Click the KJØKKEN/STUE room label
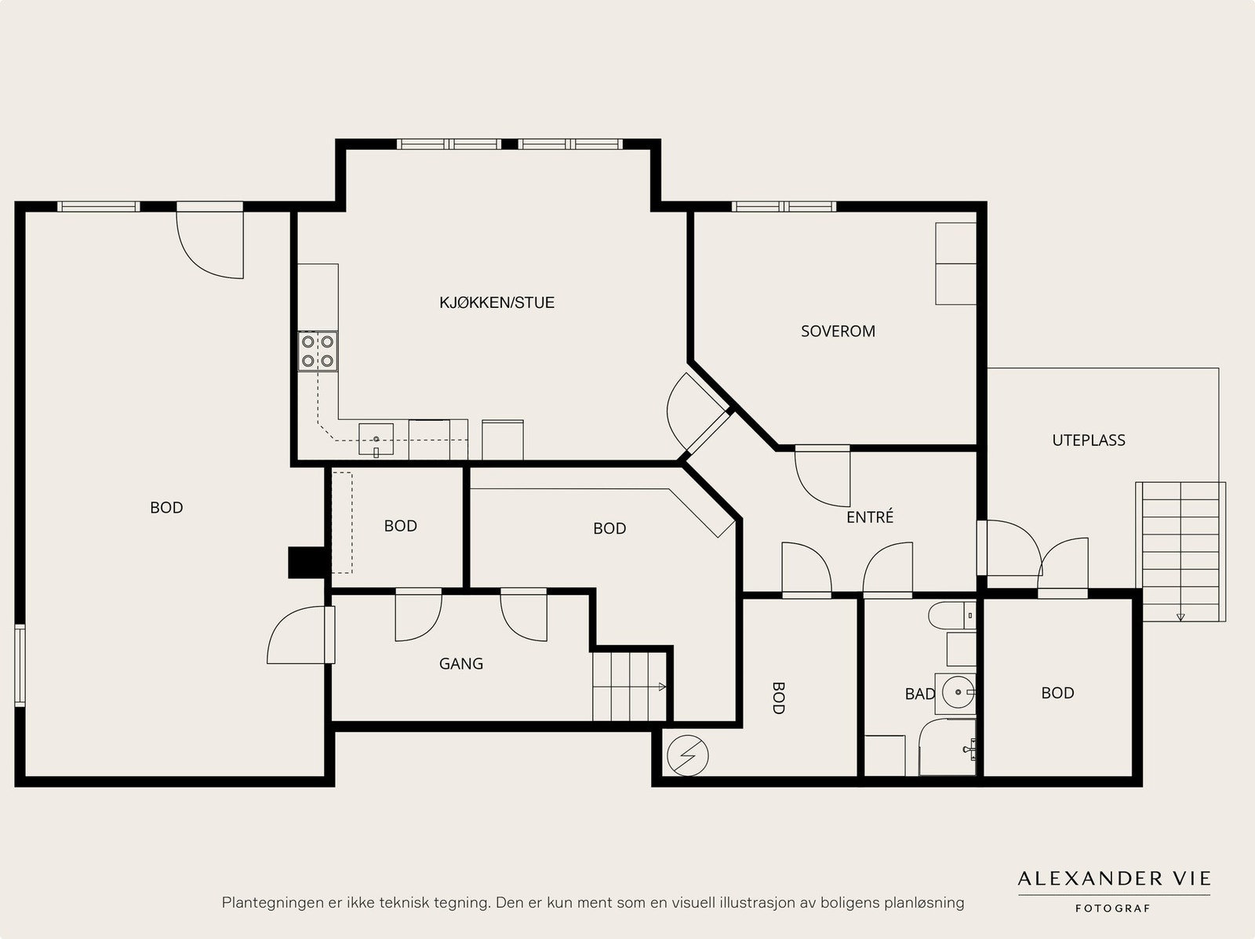point(497,303)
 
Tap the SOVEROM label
point(838,332)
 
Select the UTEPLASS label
point(1089,440)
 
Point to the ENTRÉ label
point(870,517)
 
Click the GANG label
point(461,664)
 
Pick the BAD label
point(920,694)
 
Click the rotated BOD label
point(778,698)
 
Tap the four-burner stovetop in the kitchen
point(318,351)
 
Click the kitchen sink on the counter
point(376,440)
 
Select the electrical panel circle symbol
point(688,756)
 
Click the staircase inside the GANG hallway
point(630,686)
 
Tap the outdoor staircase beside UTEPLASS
point(1180,552)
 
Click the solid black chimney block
point(308,563)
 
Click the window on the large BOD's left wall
point(20,665)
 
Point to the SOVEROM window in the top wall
point(784,206)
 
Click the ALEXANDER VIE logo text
point(1114,879)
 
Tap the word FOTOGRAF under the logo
point(1112,908)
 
